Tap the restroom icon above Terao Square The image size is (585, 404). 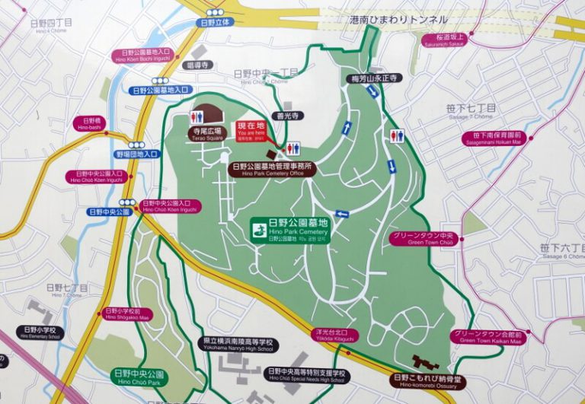click(x=197, y=117)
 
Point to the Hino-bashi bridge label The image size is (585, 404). click(x=87, y=123)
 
